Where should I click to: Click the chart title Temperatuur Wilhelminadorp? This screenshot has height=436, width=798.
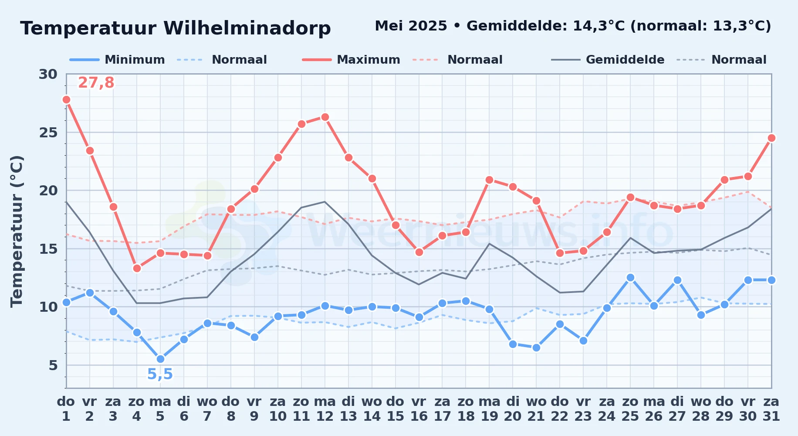click(x=176, y=28)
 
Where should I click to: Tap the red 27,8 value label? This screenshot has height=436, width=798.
click(x=96, y=82)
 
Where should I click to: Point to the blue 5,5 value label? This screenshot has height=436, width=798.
click(x=160, y=374)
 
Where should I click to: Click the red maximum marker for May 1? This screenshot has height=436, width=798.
click(x=66, y=99)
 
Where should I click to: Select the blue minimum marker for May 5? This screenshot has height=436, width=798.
click(x=160, y=359)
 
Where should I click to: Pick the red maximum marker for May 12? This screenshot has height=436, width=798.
click(x=325, y=117)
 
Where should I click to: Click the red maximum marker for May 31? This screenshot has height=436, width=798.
click(x=771, y=138)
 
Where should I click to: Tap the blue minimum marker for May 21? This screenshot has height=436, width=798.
click(x=536, y=347)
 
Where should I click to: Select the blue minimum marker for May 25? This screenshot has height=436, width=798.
click(x=630, y=277)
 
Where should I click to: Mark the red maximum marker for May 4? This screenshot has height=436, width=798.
click(x=137, y=268)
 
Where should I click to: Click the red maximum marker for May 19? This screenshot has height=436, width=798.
click(x=489, y=180)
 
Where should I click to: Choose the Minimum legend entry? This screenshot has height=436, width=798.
click(x=117, y=60)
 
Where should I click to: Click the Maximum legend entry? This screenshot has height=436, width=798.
click(x=351, y=60)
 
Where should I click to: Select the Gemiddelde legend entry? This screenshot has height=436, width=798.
click(x=608, y=60)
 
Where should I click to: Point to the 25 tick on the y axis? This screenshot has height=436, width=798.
click(x=48, y=132)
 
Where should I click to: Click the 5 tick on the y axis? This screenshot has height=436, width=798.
click(x=53, y=365)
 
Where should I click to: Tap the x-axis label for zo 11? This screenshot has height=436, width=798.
click(x=301, y=409)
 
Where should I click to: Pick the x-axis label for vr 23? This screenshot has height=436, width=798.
click(x=583, y=409)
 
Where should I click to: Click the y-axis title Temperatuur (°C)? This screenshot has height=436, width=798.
click(x=17, y=231)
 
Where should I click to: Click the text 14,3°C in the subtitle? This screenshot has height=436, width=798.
click(x=599, y=26)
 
